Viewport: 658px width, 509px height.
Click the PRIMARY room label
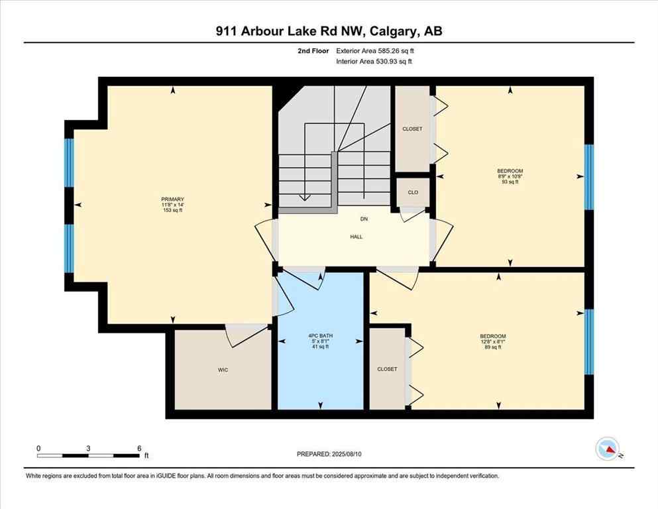pos(172,199)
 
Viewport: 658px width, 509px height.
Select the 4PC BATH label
pos(321,336)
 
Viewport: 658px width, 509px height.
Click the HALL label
pos(356,237)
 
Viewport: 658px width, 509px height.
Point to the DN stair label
pos(364,219)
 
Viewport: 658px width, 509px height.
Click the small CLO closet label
pos(412,192)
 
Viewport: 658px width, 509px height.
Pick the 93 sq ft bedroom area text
pos(510,182)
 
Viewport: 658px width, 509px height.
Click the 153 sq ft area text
pos(172,211)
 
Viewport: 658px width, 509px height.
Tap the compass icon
pos(607,449)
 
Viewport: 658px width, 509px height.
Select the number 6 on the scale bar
pos(139,448)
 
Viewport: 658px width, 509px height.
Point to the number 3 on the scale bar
pos(88,448)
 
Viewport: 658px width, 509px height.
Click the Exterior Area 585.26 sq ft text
pos(378,50)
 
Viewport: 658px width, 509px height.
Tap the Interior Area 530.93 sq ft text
pos(377,62)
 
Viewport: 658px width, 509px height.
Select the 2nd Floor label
pos(311,50)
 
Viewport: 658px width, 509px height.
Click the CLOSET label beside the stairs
pos(412,129)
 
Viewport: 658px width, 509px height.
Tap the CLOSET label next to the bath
pos(387,369)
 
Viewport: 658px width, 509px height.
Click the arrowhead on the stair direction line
pos(304,197)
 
